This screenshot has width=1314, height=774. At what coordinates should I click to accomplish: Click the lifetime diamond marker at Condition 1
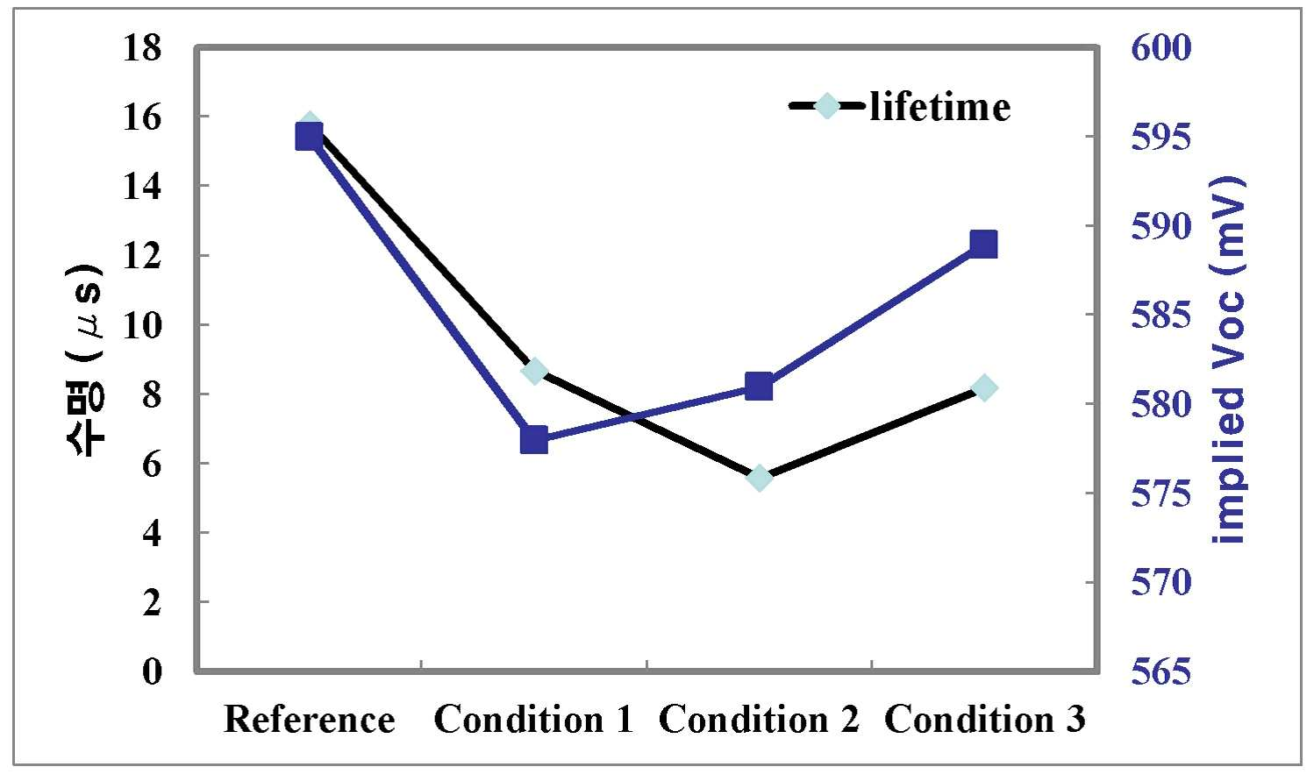pos(534,371)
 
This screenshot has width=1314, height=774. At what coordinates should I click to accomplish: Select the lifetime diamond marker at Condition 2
pos(759,479)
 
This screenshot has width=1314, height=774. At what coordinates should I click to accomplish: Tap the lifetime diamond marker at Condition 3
pos(984,388)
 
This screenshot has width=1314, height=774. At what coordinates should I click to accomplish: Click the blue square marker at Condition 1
pos(534,440)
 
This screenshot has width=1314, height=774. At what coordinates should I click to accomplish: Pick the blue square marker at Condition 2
pos(759,387)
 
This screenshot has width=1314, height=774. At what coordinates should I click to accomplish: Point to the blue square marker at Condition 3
pos(983,244)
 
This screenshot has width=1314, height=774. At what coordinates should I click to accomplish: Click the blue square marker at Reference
pos(309,138)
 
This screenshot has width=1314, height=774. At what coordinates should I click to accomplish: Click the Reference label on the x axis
pos(309,720)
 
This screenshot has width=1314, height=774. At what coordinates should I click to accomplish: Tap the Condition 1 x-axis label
pos(534,720)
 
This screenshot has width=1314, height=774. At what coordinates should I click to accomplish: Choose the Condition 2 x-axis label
pos(759,720)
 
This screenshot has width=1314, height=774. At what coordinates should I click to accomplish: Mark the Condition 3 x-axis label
pos(984,720)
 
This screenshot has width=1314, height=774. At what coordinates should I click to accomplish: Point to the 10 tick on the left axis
pos(142,325)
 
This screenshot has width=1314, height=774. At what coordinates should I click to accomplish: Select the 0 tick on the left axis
pos(152,671)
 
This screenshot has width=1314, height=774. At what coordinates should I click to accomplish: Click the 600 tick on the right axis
pos(1161,47)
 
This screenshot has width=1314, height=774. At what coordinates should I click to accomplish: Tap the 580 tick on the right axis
pos(1161,404)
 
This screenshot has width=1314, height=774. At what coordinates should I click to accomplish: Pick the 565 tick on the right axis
pos(1161,671)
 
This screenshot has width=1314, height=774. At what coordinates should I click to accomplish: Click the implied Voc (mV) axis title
pos(1229,359)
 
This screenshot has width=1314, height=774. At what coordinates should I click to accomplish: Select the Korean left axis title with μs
pos(85,359)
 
